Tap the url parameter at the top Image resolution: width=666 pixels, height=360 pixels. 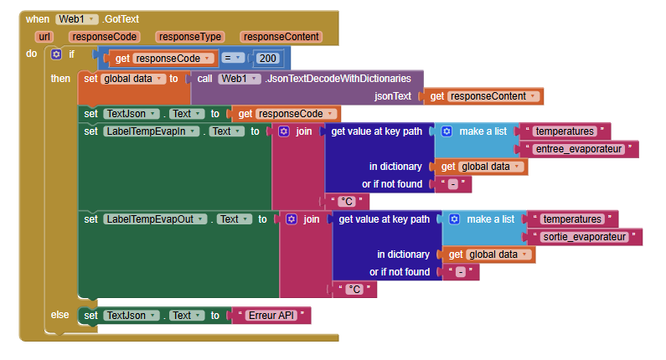pyautogui.click(x=45, y=37)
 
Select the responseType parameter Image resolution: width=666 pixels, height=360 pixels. pyautogui.click(x=188, y=37)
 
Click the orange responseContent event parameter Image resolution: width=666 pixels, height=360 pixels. pyautogui.click(x=281, y=37)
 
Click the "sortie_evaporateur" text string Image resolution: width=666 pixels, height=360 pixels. pyautogui.click(x=585, y=237)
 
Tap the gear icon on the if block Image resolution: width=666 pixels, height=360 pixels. pyautogui.click(x=56, y=54)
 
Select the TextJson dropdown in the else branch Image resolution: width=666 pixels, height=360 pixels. pyautogui.click(x=130, y=316)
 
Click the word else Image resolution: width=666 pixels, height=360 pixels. pyautogui.click(x=60, y=314)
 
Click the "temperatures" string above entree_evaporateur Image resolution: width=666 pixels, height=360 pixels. pyautogui.click(x=565, y=131)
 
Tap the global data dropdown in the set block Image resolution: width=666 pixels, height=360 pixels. pyautogui.click(x=132, y=79)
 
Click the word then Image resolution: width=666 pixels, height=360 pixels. pyautogui.click(x=60, y=78)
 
